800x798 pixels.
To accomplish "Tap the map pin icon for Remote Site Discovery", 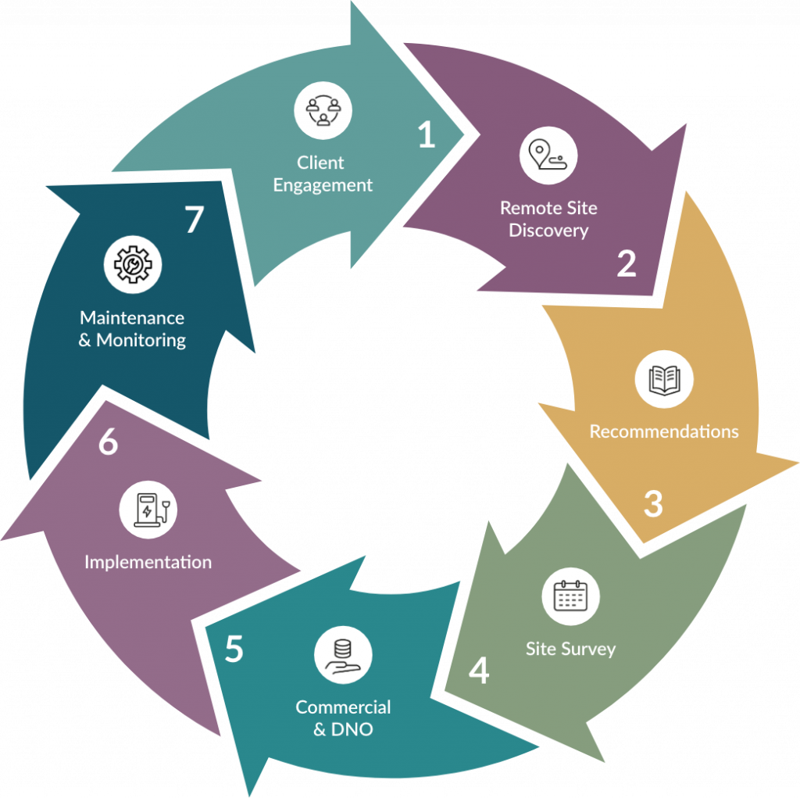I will coord(548,156).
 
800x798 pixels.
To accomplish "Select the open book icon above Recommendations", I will coord(664,379).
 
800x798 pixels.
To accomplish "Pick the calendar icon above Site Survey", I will coord(570,596).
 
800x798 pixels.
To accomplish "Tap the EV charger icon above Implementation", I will coord(148,510).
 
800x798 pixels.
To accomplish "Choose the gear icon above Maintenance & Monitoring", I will coord(133,265).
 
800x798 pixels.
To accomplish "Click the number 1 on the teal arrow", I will coord(426,136).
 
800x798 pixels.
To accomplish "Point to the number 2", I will coord(626,264).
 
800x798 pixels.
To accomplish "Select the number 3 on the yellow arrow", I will coord(653,504).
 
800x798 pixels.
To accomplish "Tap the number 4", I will coord(479,671).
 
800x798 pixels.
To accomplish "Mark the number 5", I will coord(234,649).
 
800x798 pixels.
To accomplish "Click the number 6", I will coord(108,443).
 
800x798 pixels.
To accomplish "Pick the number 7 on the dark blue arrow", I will coord(194,220).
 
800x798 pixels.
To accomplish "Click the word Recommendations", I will coord(664,431).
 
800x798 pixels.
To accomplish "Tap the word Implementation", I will coord(148,562).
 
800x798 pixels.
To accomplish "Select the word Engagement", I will coord(323,186).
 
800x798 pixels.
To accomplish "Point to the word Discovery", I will coord(548,231).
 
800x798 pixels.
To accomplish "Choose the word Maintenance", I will coord(132,318).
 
